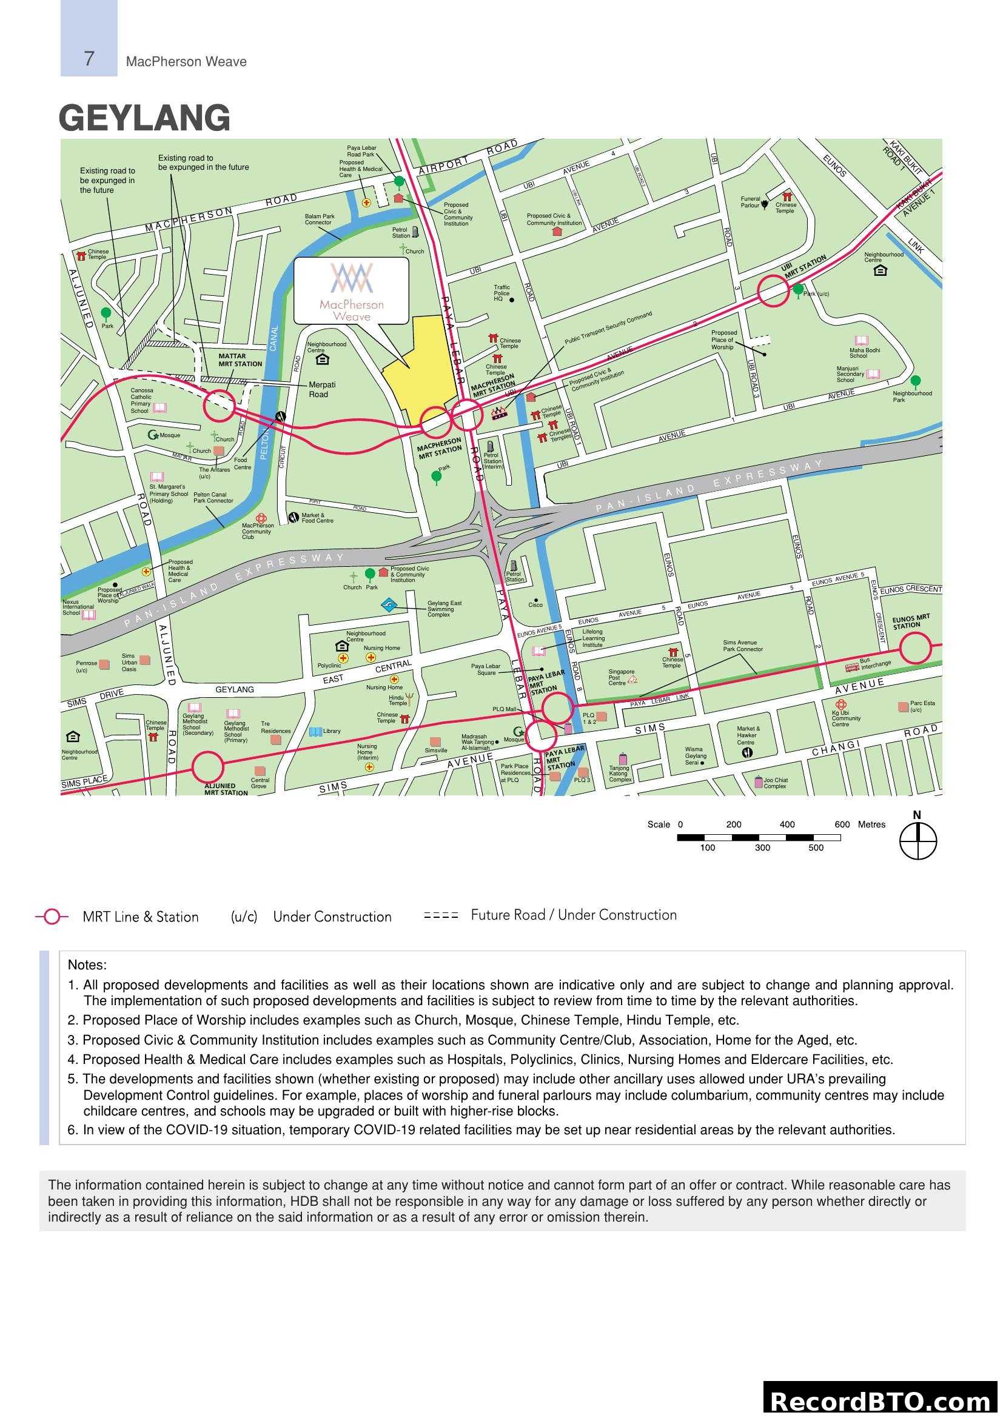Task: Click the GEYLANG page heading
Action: (x=144, y=118)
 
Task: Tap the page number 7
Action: (x=89, y=59)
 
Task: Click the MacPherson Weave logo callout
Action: (x=351, y=291)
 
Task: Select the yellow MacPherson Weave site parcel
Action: (x=423, y=364)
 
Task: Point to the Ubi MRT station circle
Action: (x=773, y=291)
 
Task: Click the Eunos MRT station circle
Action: (x=914, y=649)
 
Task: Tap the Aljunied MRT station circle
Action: (x=207, y=768)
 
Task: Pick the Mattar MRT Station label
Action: (x=240, y=360)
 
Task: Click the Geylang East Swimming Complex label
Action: (x=444, y=609)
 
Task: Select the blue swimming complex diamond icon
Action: (x=389, y=605)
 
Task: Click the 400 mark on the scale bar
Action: (x=787, y=824)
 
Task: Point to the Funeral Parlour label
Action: (x=750, y=202)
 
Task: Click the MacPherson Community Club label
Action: (x=257, y=531)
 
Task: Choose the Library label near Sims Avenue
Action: (x=332, y=731)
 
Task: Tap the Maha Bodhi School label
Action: (x=864, y=353)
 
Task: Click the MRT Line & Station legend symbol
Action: (x=52, y=917)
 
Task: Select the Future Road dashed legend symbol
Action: (x=441, y=916)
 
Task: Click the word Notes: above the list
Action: (x=87, y=965)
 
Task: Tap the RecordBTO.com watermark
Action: (x=881, y=1400)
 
